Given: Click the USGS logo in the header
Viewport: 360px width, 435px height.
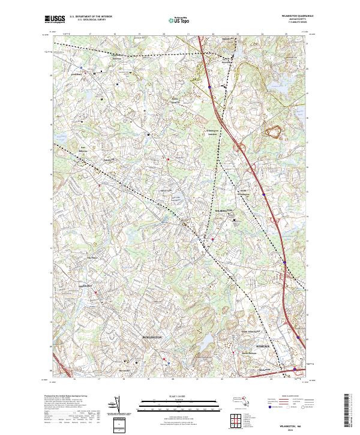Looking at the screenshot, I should point(55,19).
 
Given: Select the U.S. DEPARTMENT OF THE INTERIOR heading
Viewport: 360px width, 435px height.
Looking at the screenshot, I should point(91,17).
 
